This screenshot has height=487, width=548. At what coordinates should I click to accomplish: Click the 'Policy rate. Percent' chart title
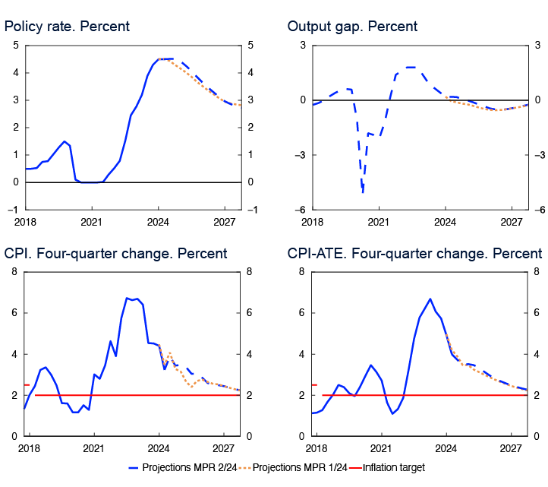(x=67, y=27)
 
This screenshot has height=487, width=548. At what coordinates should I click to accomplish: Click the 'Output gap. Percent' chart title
(x=352, y=27)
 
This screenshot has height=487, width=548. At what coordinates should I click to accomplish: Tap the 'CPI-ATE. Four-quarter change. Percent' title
(x=414, y=253)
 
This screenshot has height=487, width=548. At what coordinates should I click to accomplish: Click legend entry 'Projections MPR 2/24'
(x=187, y=468)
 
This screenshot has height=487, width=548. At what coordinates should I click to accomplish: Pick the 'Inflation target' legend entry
(x=392, y=468)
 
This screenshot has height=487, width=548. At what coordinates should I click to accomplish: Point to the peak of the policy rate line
(x=164, y=59)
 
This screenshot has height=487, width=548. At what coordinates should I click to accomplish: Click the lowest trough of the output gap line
(x=363, y=192)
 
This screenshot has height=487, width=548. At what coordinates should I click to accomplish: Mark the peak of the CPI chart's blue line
(x=127, y=298)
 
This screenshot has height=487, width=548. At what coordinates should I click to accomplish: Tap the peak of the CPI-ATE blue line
(x=430, y=299)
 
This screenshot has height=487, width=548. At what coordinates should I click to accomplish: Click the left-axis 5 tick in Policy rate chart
(x=16, y=46)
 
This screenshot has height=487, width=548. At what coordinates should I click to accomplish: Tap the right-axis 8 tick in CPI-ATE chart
(x=537, y=271)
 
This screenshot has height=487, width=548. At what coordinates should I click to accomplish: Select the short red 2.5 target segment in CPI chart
(x=27, y=384)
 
